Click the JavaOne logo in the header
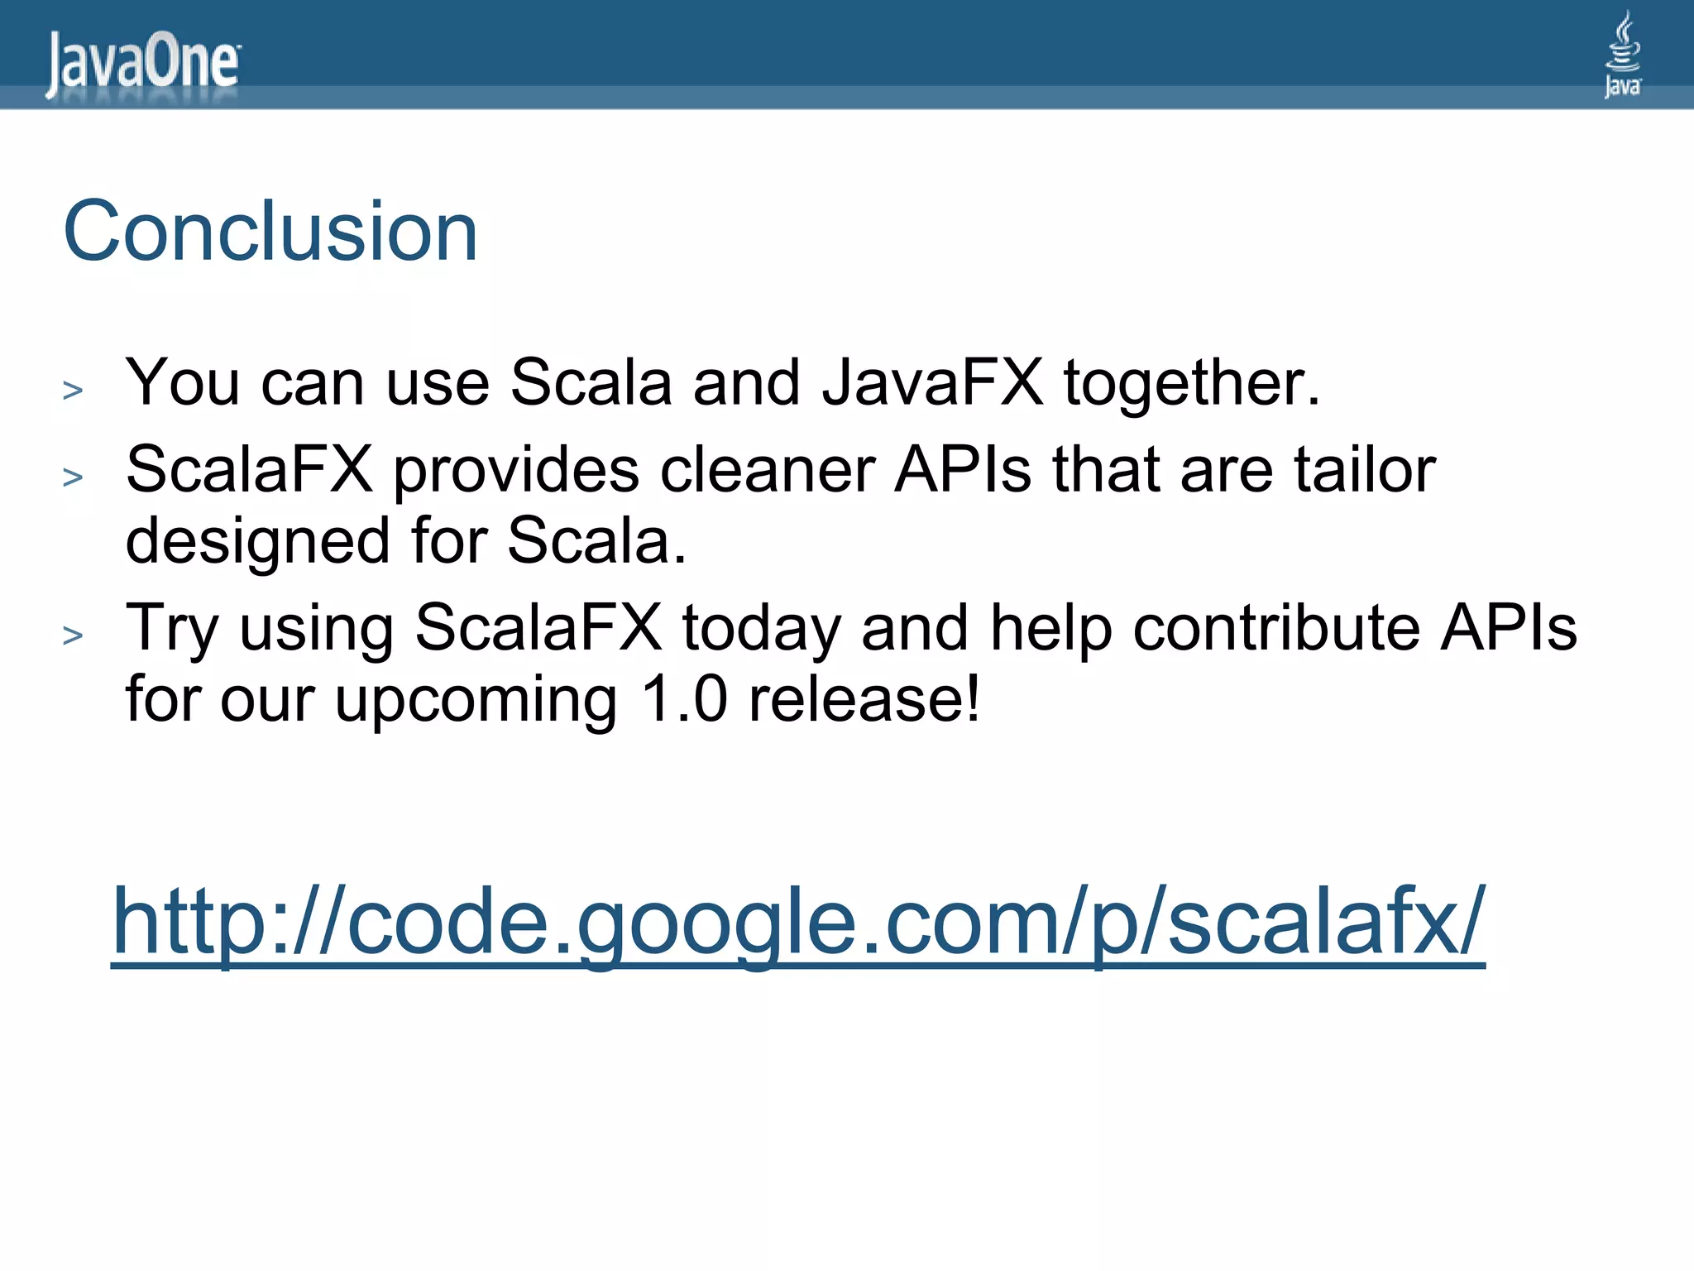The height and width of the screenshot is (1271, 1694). (x=143, y=63)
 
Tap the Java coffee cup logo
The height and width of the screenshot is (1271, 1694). (x=1622, y=55)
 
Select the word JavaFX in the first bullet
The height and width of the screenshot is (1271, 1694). (x=932, y=382)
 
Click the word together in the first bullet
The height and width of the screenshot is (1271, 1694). (x=1192, y=384)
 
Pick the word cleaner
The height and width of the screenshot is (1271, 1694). (x=767, y=470)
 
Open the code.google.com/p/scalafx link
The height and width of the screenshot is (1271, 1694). (x=798, y=922)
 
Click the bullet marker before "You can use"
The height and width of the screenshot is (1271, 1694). (x=73, y=390)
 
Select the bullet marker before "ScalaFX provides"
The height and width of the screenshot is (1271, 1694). (x=73, y=477)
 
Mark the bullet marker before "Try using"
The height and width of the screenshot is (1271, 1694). (x=73, y=635)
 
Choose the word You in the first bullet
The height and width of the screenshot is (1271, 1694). (x=182, y=382)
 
